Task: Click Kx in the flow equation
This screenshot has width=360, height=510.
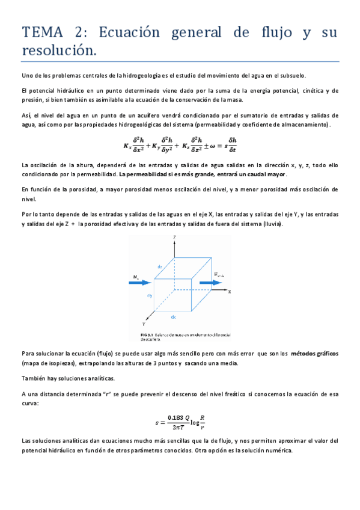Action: click(127, 146)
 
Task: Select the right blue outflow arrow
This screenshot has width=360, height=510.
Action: click(219, 279)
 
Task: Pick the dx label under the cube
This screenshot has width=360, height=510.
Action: click(173, 316)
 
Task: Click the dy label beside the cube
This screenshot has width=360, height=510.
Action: click(149, 296)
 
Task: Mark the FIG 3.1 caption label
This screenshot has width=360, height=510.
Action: click(148, 334)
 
